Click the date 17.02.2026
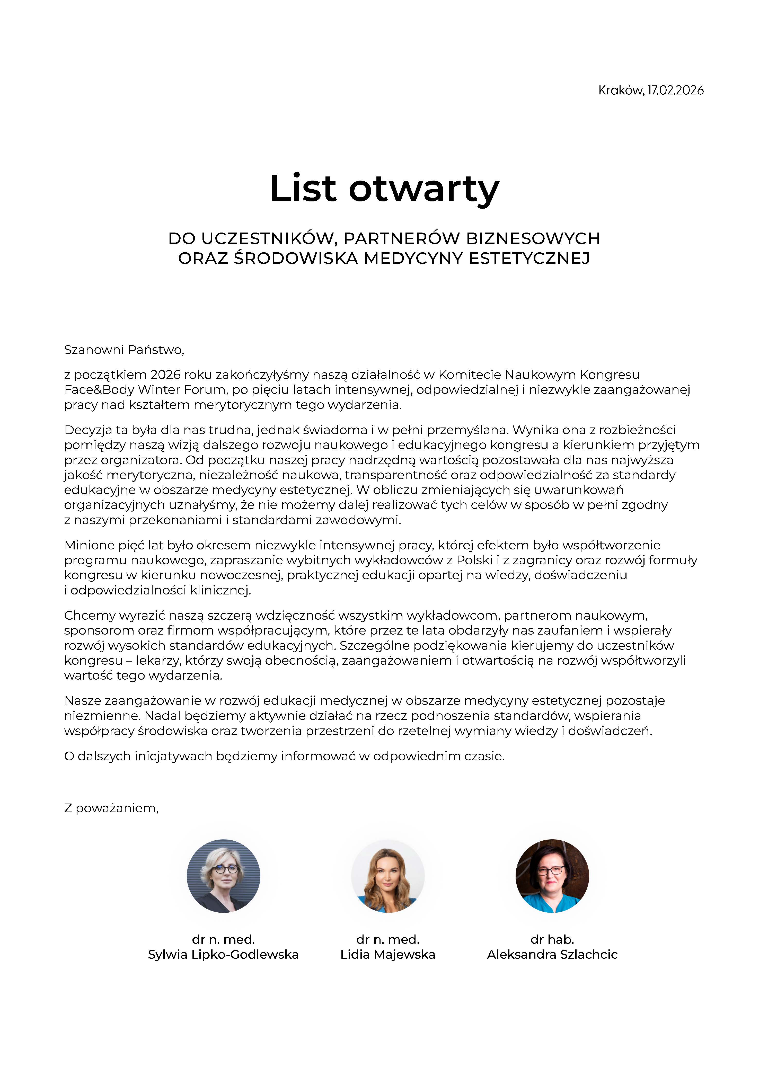675,90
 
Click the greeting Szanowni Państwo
124,350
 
